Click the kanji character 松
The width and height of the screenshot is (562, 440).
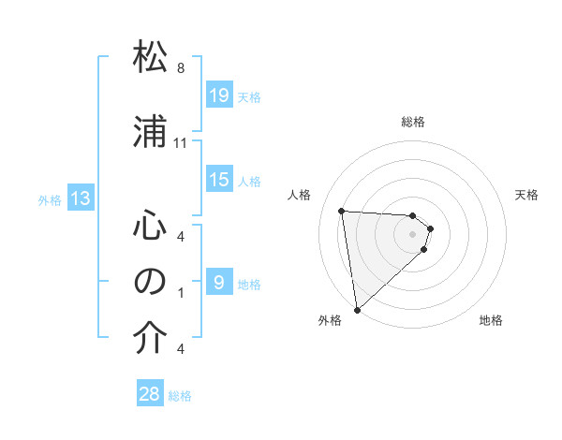coord(150,58)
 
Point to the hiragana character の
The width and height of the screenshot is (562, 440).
coord(150,282)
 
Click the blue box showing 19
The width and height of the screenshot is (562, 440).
coord(218,95)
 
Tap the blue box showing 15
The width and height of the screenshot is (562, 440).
coord(218,180)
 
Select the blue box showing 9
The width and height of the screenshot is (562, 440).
coord(218,283)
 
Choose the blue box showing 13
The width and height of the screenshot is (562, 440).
coord(81,198)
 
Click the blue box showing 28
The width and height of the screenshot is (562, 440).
coord(150,394)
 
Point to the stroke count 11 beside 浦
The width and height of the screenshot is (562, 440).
coord(181,143)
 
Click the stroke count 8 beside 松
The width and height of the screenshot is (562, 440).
coord(181,68)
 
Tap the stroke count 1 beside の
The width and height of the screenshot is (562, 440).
coord(181,292)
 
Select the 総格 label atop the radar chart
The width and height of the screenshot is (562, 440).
coord(413,122)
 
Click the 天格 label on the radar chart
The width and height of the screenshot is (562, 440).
coord(527,195)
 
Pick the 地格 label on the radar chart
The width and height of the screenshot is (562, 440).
coord(491,321)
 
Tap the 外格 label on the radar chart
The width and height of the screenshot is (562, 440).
coord(330,321)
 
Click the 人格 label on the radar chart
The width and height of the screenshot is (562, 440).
coord(299,195)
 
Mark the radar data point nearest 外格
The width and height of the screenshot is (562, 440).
coord(357,309)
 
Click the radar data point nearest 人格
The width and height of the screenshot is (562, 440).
coord(342,211)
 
